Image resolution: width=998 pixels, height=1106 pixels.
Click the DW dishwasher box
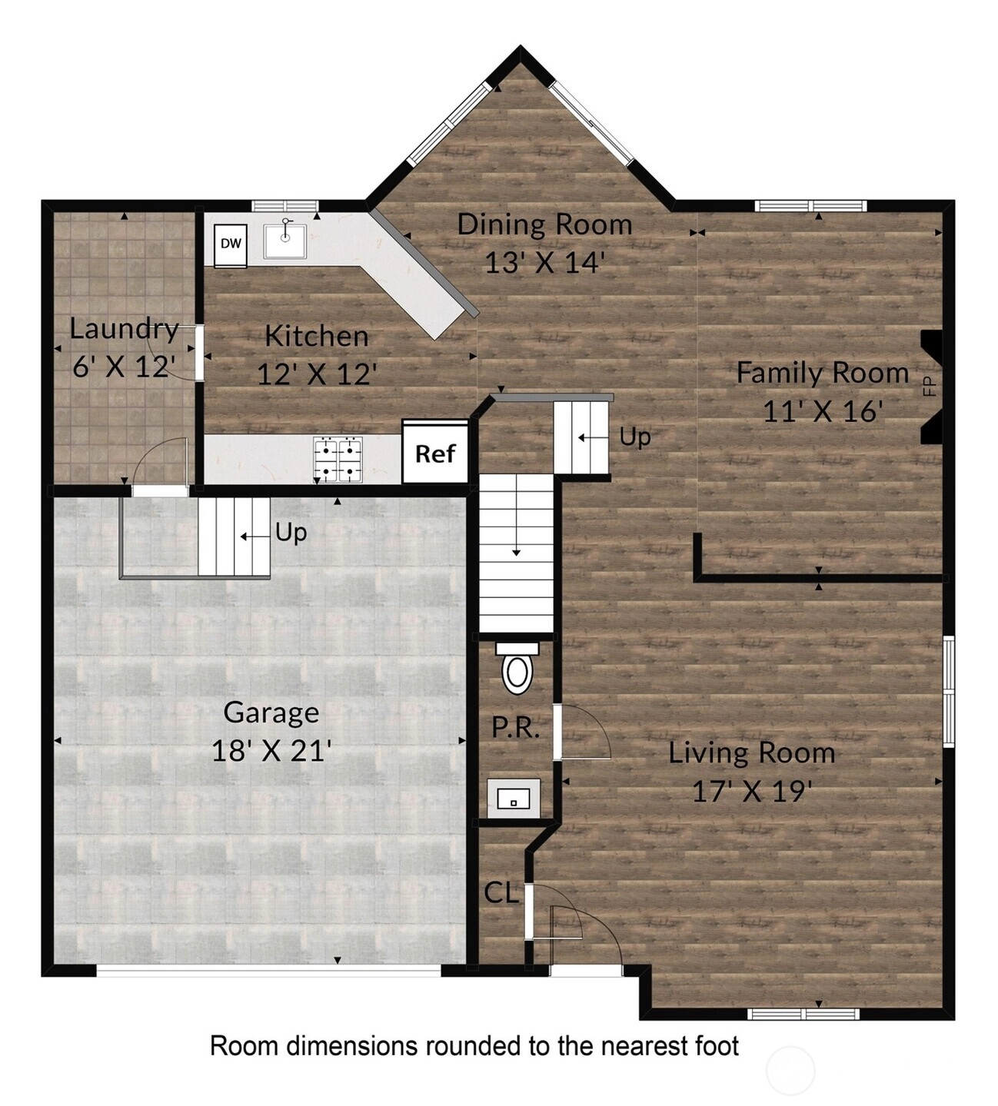(231, 244)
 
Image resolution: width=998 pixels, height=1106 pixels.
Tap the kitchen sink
(284, 241)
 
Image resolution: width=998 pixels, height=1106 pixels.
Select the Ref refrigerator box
(436, 453)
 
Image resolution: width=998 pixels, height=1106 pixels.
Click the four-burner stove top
(338, 460)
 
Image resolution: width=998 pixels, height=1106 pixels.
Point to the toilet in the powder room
(517, 667)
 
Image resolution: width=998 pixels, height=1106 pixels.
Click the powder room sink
(514, 799)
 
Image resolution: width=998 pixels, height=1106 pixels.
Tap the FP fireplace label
(930, 386)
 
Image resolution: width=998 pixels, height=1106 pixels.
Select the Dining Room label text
(545, 225)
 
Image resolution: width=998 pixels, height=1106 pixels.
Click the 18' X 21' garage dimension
(271, 751)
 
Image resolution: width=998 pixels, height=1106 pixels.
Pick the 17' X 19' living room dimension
(752, 792)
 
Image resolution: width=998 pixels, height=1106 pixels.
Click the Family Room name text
(823, 374)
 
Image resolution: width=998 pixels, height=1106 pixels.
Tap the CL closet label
(501, 893)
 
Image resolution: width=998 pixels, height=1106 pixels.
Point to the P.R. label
(515, 728)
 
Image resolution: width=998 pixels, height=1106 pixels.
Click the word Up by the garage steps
(291, 533)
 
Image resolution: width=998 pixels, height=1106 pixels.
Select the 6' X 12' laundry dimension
(124, 366)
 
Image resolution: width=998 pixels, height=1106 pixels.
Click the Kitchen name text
(317, 337)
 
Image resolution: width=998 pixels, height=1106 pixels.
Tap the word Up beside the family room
(635, 437)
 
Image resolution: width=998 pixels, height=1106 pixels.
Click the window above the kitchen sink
(286, 206)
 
